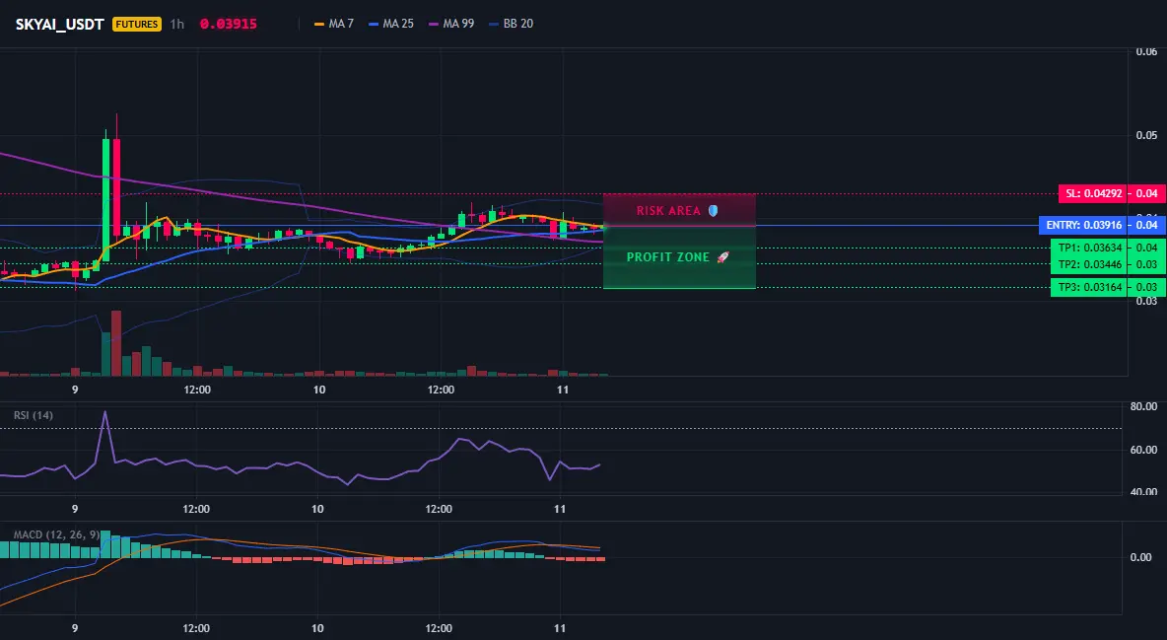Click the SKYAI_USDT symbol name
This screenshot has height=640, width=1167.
pyautogui.click(x=59, y=24)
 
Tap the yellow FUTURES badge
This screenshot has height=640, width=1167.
pyautogui.click(x=137, y=24)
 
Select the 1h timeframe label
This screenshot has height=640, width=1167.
pyautogui.click(x=177, y=24)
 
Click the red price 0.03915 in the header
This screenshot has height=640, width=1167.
pyautogui.click(x=229, y=24)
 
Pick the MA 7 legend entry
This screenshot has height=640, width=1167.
pyautogui.click(x=334, y=24)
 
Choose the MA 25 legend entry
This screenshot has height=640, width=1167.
pyautogui.click(x=391, y=24)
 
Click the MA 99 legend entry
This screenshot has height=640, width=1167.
pyautogui.click(x=451, y=24)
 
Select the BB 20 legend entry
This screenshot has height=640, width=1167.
pyautogui.click(x=512, y=24)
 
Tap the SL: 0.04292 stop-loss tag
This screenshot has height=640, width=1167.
pyautogui.click(x=1092, y=193)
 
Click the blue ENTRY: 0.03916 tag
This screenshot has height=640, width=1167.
pyautogui.click(x=1083, y=225)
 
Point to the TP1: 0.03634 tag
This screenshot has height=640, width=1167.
pyautogui.click(x=1089, y=248)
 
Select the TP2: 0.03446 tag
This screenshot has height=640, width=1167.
pyautogui.click(x=1089, y=263)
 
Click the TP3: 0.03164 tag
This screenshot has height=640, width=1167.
pyautogui.click(x=1089, y=287)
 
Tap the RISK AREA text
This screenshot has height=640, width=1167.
pyautogui.click(x=668, y=211)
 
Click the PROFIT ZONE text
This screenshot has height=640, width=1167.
pyautogui.click(x=667, y=257)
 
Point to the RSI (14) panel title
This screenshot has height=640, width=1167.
pyautogui.click(x=34, y=415)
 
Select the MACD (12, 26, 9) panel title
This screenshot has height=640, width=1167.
pyautogui.click(x=56, y=534)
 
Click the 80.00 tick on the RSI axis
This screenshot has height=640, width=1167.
pyautogui.click(x=1143, y=407)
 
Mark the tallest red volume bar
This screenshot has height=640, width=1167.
pyautogui.click(x=116, y=343)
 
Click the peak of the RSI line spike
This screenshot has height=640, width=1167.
pyautogui.click(x=104, y=411)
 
